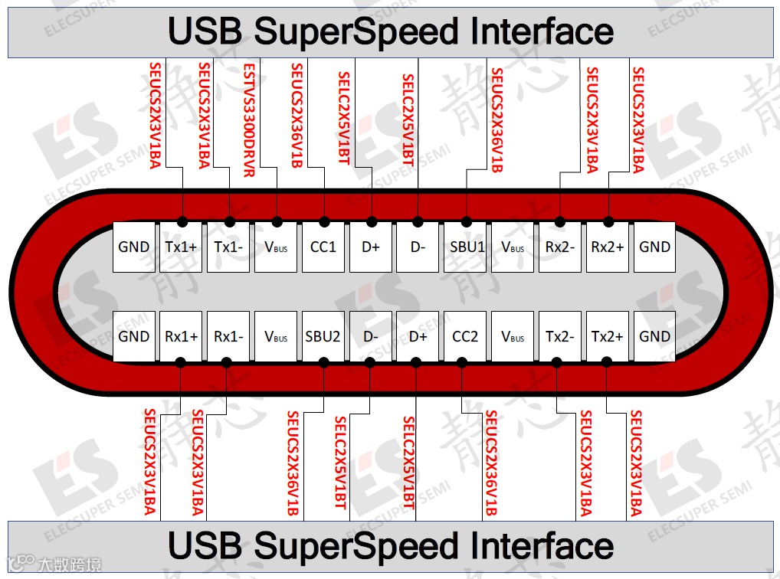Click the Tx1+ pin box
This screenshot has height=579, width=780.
click(181, 247)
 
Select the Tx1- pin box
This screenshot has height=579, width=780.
click(228, 247)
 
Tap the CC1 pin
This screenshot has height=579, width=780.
click(323, 247)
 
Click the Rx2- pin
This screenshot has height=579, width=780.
click(560, 247)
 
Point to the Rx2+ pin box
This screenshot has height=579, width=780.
click(608, 247)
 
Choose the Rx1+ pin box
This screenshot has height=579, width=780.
click(181, 336)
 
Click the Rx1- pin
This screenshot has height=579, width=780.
click(228, 336)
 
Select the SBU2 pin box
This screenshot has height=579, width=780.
click(323, 336)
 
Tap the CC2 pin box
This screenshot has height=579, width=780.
click(465, 336)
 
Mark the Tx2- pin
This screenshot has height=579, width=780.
click(560, 336)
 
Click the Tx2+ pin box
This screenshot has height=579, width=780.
click(608, 336)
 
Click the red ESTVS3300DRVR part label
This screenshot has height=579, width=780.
click(248, 119)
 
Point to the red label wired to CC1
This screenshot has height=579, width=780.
click(296, 115)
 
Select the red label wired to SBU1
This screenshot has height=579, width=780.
click(497, 119)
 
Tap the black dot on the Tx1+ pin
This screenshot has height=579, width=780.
click(182, 221)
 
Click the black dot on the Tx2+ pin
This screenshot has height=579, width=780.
click(606, 362)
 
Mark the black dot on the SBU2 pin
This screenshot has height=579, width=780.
click(324, 362)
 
